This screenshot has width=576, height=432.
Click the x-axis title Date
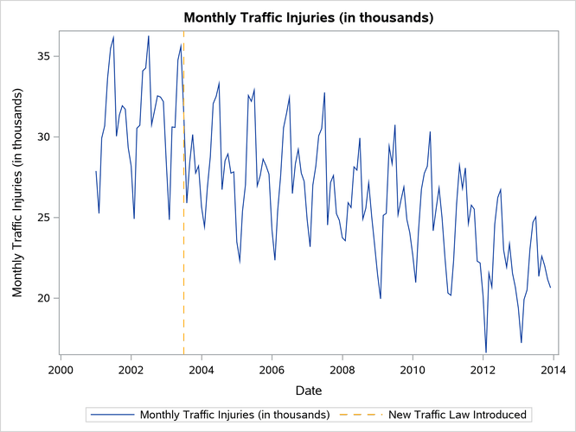click(307, 391)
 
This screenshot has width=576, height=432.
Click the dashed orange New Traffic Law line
click(184, 259)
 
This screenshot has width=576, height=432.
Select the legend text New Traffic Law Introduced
click(459, 415)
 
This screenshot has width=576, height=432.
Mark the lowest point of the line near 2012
click(486, 352)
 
